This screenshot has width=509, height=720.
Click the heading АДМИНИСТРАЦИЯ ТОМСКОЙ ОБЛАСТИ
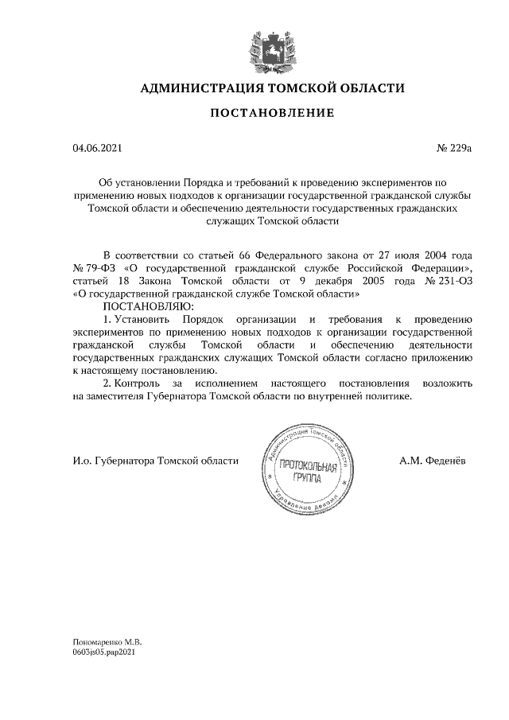pos(272,88)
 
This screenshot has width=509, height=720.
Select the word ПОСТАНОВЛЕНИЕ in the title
pos(272,114)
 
